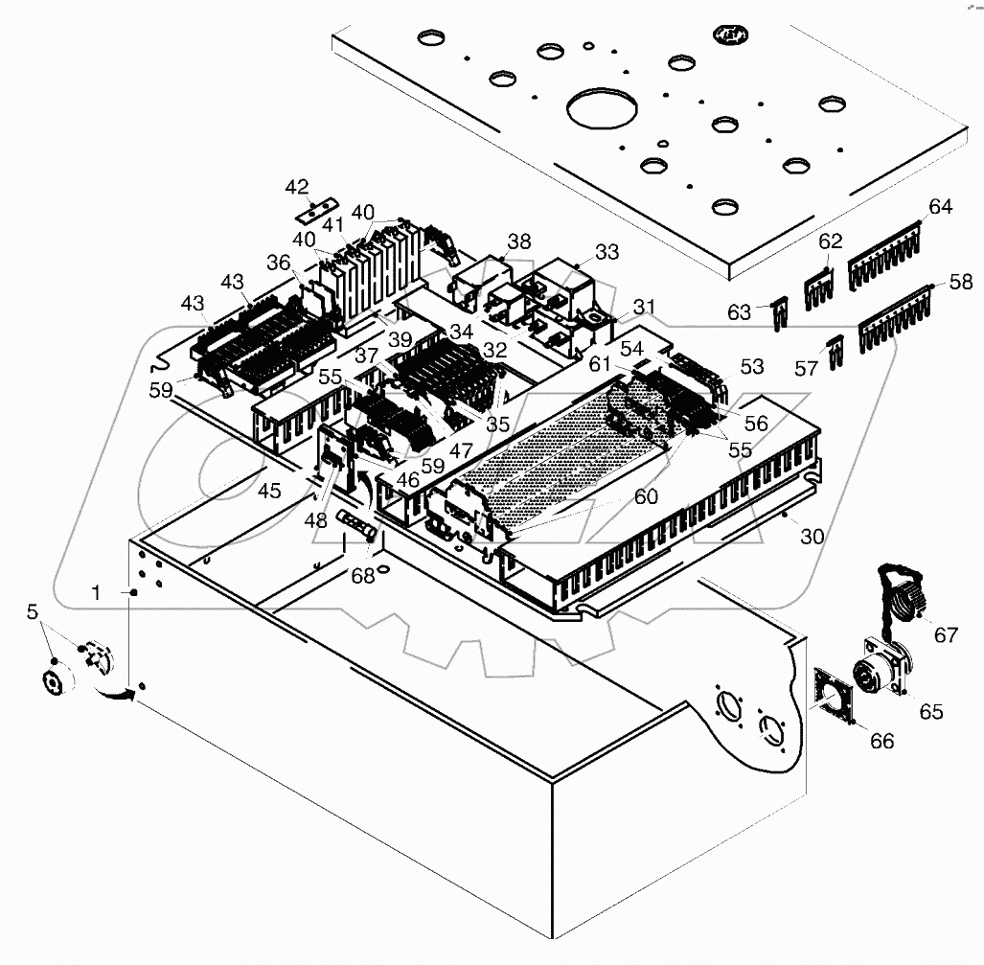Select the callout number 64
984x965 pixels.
(940, 207)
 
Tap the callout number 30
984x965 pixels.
(812, 538)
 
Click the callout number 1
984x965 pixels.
(95, 593)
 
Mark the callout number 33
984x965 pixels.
(606, 252)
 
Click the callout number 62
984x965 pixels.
(830, 241)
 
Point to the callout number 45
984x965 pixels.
(269, 491)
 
